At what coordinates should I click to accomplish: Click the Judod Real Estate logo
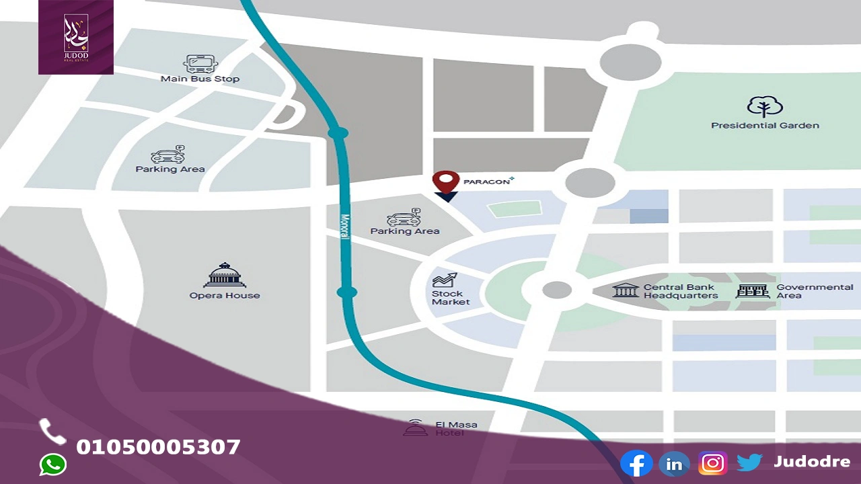tap(76, 36)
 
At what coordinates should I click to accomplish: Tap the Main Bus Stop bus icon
tap(200, 64)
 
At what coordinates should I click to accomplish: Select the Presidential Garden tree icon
tap(765, 107)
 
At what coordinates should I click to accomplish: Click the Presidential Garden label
tap(765, 126)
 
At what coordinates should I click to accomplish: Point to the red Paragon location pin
tap(445, 182)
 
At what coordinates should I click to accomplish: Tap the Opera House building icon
tap(225, 274)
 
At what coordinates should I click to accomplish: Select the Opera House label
tap(225, 295)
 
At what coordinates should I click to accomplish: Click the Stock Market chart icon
tap(445, 280)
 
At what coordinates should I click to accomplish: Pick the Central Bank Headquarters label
tap(681, 291)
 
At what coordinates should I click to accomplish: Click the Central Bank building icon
tap(626, 290)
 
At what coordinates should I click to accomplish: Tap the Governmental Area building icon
tap(752, 291)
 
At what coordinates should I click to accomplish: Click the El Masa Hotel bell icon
tap(415, 428)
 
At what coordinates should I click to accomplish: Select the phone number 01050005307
tap(158, 447)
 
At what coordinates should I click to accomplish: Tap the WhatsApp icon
tap(53, 465)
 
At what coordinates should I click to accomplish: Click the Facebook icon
tap(636, 464)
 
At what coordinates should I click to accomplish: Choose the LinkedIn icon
tap(674, 464)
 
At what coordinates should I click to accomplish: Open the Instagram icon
tap(712, 464)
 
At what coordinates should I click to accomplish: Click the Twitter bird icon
tap(749, 462)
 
